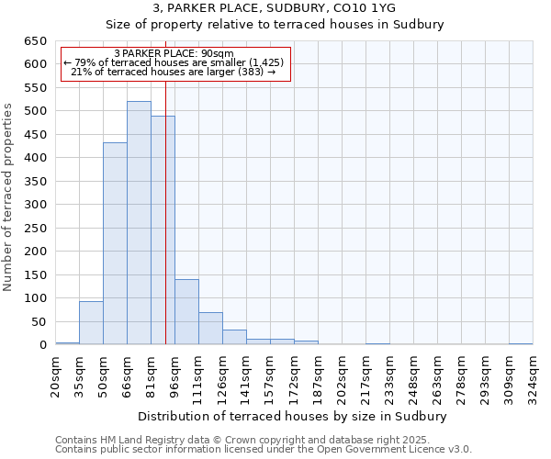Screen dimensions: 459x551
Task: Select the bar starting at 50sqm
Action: click(115, 244)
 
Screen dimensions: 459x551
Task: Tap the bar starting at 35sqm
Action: click(91, 323)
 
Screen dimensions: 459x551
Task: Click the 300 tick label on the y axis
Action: click(37, 205)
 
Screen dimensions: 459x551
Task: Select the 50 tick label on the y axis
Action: click(40, 322)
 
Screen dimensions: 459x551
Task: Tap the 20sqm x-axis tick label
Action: click(56, 375)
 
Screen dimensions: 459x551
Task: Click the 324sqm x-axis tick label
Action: click(534, 375)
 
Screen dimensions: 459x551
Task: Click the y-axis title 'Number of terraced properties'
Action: click(9, 197)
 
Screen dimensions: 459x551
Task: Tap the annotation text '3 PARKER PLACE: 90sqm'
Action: click(174, 53)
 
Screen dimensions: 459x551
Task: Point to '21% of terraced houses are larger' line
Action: click(174, 72)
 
